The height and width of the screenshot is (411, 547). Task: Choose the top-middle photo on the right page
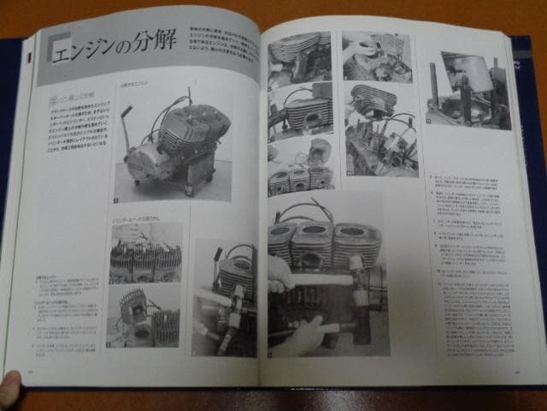point(376,57)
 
